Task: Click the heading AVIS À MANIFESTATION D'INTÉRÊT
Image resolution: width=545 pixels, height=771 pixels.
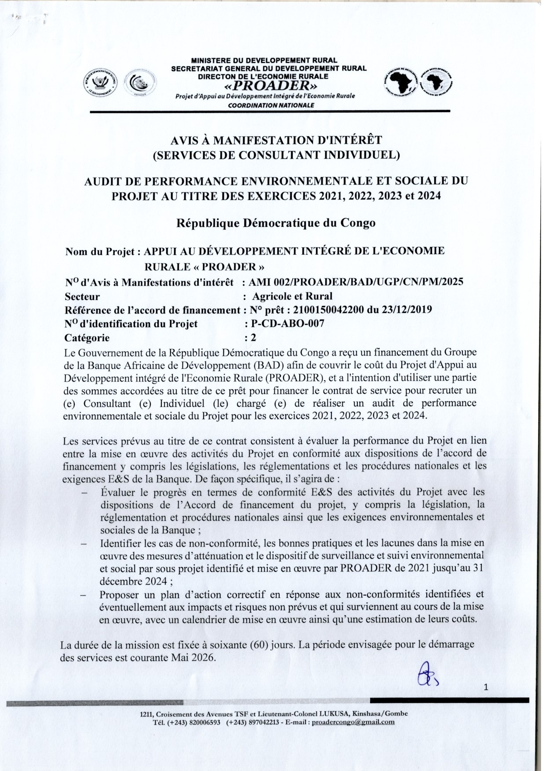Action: point(276,140)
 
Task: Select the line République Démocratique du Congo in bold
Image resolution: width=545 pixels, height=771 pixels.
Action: point(276,223)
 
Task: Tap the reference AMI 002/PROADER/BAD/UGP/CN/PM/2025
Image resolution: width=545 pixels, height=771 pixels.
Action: point(356,282)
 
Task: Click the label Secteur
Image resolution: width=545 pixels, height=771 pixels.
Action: point(82,296)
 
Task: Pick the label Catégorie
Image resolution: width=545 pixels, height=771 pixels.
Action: point(87,338)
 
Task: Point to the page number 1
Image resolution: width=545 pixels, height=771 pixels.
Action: point(486,688)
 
